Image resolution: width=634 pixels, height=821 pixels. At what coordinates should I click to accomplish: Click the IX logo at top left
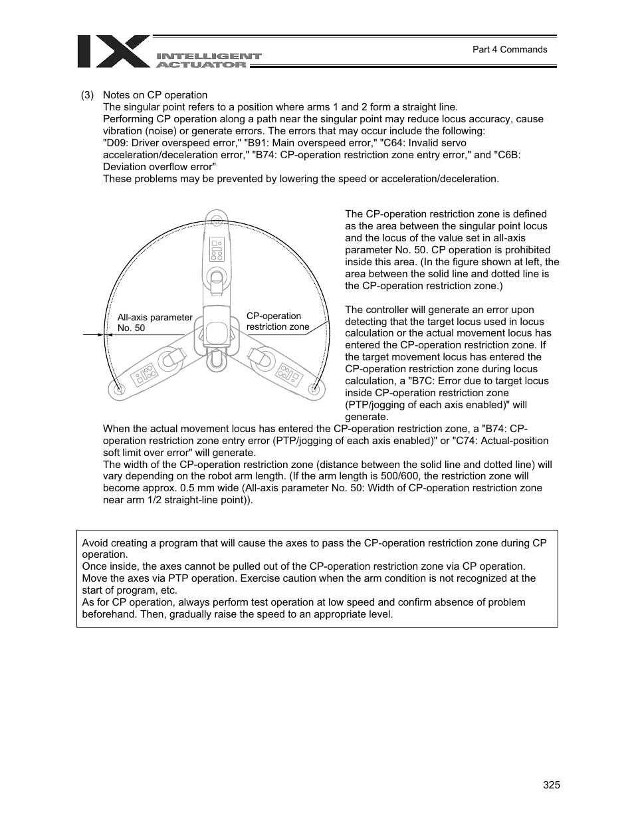(113, 52)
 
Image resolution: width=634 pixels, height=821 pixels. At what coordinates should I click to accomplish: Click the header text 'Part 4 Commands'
(509, 49)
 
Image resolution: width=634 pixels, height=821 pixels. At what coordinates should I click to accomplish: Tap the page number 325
(551, 784)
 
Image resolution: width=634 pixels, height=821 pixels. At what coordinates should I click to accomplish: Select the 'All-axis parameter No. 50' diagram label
(154, 322)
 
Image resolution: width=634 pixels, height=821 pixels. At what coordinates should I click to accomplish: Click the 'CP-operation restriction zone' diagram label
(278, 321)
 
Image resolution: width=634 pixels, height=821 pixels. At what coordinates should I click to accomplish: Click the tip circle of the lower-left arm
(119, 389)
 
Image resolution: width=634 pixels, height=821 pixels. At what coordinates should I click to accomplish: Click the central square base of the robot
(215, 330)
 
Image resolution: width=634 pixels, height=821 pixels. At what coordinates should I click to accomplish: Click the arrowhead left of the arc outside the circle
(100, 335)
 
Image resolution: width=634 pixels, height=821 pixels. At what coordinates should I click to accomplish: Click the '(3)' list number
(88, 95)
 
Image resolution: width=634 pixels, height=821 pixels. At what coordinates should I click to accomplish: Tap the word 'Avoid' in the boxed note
(95, 542)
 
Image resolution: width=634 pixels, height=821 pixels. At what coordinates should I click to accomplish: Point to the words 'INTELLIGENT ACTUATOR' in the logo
(208, 60)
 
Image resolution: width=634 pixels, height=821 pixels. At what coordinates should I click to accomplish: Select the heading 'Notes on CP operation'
(155, 95)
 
